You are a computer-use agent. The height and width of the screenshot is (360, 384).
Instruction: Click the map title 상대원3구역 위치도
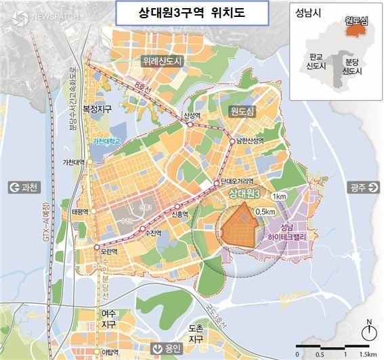tap(192, 12)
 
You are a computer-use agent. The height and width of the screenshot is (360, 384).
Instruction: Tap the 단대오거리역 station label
tap(237, 181)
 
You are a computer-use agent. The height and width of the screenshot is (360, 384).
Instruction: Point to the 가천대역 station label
tap(72, 162)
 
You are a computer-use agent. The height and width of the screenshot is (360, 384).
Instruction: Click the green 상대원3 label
tap(249, 195)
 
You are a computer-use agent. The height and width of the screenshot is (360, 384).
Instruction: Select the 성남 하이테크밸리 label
tap(287, 233)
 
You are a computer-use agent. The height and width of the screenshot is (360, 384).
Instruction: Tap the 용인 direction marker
tap(167, 348)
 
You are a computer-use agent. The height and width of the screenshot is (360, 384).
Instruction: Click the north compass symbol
tap(368, 330)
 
